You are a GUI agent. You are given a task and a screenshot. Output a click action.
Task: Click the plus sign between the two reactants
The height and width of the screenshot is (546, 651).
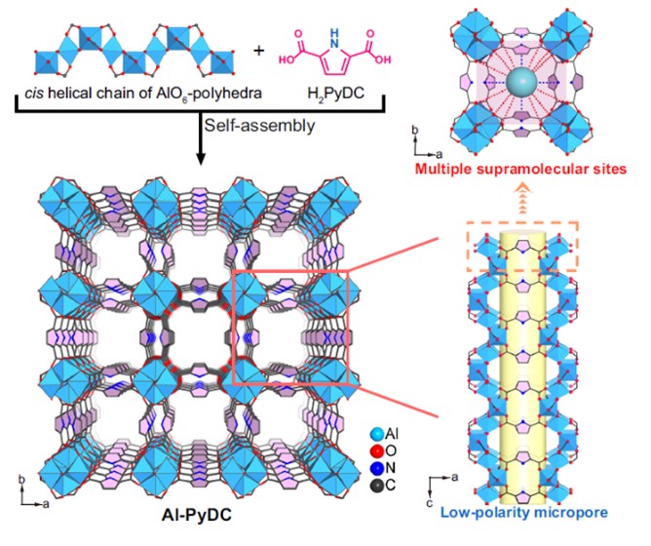tap(258, 48)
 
